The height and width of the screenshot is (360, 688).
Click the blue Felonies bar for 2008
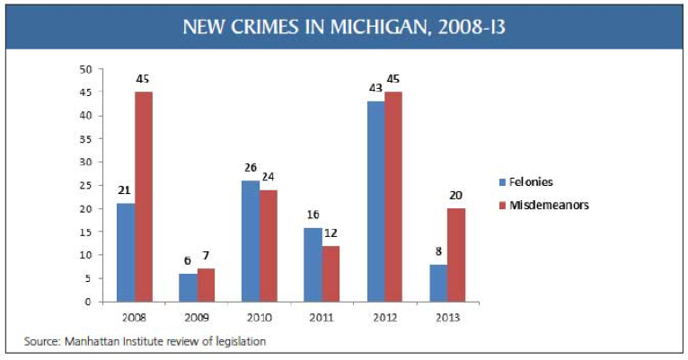pos(126,252)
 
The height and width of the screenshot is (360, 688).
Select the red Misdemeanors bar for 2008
pos(145,197)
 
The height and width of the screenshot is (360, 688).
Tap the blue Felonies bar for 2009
pos(189,287)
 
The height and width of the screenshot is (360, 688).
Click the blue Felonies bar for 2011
pos(313,264)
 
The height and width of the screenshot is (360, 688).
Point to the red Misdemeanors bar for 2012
pos(394,197)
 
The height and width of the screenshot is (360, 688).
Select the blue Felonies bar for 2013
pos(437,283)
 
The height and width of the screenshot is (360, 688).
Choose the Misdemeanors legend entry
pos(550,204)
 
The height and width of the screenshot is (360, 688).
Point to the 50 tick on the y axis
pos(86,69)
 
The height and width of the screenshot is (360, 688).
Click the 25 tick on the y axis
pos(86,185)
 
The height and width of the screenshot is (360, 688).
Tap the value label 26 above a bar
pos(250,169)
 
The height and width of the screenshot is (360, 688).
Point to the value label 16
pos(312,215)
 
